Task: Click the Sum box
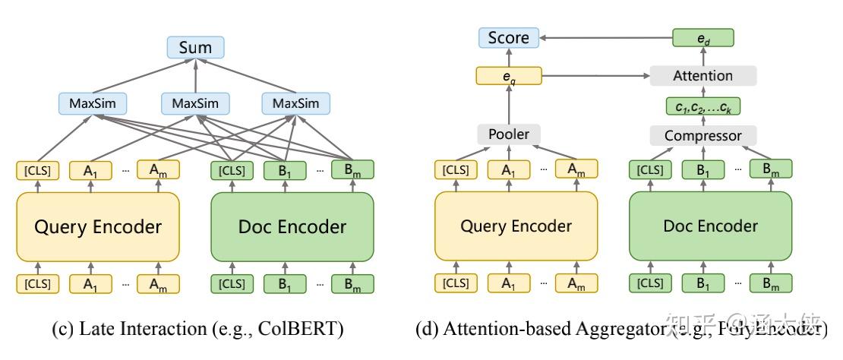point(196,48)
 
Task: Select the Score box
point(508,37)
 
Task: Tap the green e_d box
point(702,37)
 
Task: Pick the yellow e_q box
point(508,76)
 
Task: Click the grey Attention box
point(702,76)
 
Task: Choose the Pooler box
point(508,134)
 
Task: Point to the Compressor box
point(702,136)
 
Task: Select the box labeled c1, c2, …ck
point(702,107)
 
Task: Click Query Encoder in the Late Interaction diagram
point(97,226)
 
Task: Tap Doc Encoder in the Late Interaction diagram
point(292,226)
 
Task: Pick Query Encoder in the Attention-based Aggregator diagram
point(516,226)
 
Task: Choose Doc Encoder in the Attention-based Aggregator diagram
point(710,226)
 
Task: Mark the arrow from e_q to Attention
point(596,76)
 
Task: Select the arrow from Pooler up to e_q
point(508,104)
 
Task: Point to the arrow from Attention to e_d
point(702,57)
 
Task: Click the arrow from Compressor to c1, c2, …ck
point(702,122)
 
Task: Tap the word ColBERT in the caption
point(303,330)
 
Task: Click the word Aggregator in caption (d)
point(622,330)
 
